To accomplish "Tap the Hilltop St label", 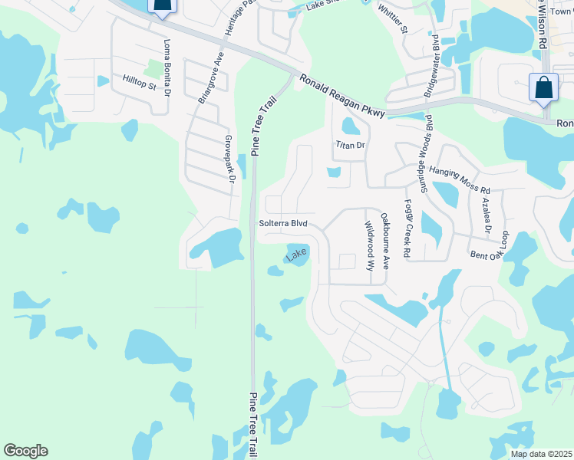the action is click(140, 83).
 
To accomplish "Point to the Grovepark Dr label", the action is click(229, 159).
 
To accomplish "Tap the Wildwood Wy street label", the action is click(369, 246).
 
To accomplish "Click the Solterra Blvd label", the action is click(283, 223).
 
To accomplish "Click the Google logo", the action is click(25, 451).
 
